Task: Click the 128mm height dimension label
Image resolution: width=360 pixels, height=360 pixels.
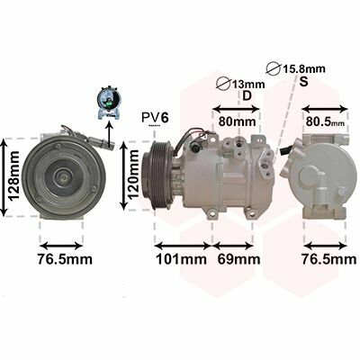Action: [x=13, y=175]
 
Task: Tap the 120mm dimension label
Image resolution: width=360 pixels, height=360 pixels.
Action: [x=133, y=175]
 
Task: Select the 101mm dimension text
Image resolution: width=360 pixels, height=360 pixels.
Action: [x=182, y=259]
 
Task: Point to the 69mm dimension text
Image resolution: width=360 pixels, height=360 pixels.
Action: [x=238, y=259]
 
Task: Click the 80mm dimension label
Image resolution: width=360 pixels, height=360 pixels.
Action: [x=237, y=121]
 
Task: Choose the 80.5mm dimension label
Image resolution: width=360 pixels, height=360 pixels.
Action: [x=326, y=121]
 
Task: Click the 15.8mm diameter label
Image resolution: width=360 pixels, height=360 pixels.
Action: [x=303, y=69]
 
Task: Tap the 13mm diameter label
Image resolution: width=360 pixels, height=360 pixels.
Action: [x=247, y=85]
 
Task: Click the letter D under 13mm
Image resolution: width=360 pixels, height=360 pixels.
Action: [x=247, y=95]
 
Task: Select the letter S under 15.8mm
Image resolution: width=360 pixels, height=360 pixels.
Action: [x=304, y=81]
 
